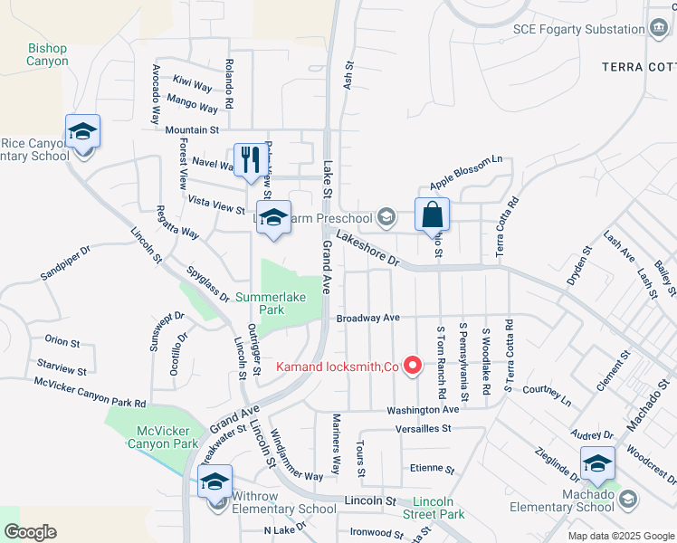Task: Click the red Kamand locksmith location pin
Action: (x=413, y=366)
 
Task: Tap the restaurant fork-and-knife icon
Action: (x=248, y=159)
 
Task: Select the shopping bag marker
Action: (x=433, y=214)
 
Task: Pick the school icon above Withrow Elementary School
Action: (x=215, y=481)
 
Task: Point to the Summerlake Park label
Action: (x=272, y=303)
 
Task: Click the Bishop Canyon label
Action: (x=48, y=54)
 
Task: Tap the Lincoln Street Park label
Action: (x=438, y=508)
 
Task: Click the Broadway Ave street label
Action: (x=367, y=319)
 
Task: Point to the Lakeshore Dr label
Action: (x=367, y=247)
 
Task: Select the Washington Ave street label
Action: (x=424, y=410)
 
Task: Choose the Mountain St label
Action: (x=192, y=130)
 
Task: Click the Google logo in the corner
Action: (x=30, y=532)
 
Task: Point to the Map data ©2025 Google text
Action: (x=621, y=536)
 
